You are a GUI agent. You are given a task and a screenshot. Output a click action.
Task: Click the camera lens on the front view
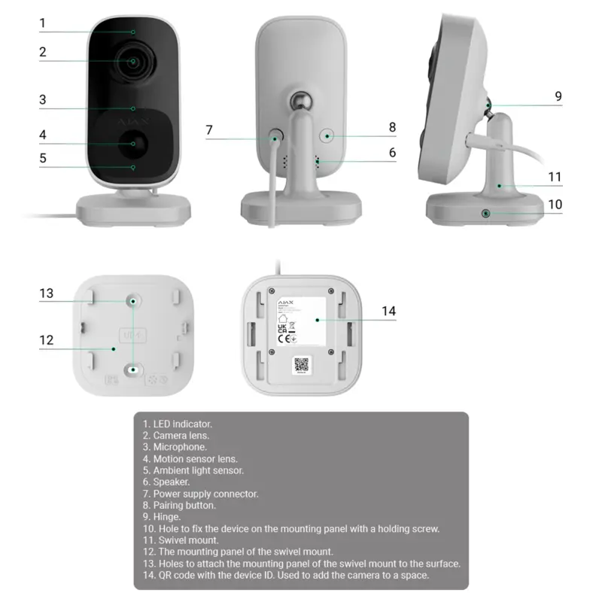tap(134, 62)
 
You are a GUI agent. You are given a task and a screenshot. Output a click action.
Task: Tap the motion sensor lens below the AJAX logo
tap(134, 142)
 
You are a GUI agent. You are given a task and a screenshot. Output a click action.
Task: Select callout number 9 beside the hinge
tap(558, 96)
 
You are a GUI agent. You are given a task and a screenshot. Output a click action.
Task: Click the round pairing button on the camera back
tap(327, 136)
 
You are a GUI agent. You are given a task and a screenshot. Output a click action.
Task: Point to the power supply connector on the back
tap(275, 138)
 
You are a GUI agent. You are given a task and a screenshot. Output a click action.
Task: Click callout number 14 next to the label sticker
tap(388, 311)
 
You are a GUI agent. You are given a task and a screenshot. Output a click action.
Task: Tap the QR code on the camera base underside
tap(301, 365)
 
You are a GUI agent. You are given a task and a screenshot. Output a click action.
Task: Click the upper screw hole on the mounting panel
tap(133, 300)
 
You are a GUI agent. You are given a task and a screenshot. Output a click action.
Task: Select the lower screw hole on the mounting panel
tap(133, 369)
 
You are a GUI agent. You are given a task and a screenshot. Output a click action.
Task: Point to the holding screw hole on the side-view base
tap(487, 214)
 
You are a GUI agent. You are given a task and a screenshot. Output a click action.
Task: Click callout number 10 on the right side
tap(555, 204)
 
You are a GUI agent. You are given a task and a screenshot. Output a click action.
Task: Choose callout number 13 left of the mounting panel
tap(47, 293)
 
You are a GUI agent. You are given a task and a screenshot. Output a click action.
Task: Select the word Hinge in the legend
tap(167, 517)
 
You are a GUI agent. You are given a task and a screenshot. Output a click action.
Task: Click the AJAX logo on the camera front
tap(133, 119)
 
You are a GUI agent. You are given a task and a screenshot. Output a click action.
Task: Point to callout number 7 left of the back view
tap(209, 129)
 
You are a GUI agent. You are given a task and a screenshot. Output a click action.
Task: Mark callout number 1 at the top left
tap(43, 23)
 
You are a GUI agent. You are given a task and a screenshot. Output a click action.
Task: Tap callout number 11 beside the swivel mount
tap(555, 178)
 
